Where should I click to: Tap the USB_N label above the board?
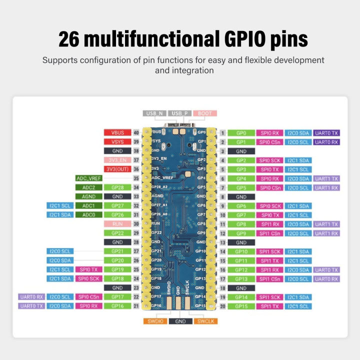(154, 113)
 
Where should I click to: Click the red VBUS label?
(117, 133)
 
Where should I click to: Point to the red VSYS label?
(117, 142)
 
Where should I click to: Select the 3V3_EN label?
(117, 160)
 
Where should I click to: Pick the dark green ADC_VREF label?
(89, 178)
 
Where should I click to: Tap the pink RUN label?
(117, 223)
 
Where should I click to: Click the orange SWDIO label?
(155, 321)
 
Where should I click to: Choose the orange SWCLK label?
(205, 321)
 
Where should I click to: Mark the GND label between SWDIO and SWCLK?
(180, 321)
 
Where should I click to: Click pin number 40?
(136, 133)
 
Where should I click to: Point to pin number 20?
(223, 306)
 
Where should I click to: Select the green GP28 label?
(117, 187)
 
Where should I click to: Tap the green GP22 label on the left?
(117, 233)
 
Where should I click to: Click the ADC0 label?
(89, 214)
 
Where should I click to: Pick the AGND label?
(89, 196)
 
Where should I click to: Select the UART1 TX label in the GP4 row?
(326, 178)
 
